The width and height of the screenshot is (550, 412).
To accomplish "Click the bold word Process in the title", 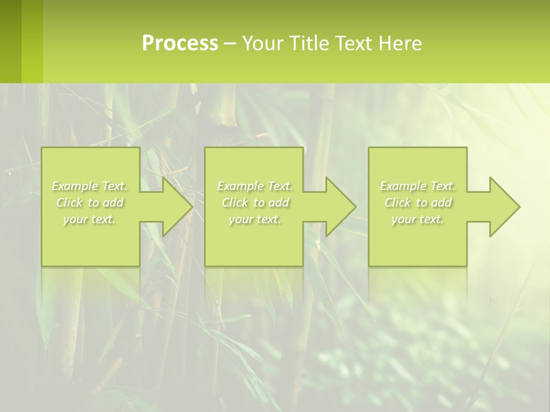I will click(x=180, y=43).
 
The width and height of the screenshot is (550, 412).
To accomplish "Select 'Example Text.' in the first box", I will click(x=90, y=186).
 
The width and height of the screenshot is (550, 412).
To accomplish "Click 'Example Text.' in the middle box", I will click(x=255, y=186).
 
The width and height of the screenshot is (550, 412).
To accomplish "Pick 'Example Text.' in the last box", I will click(x=418, y=186).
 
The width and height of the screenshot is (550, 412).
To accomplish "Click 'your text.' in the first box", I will click(x=89, y=219).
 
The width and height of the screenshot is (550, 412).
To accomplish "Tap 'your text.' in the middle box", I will click(x=255, y=219).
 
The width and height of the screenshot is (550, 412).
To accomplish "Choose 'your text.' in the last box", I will click(x=418, y=219).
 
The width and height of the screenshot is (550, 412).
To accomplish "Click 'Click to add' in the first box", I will click(x=90, y=203).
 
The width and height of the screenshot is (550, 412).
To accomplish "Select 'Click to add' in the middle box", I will click(x=255, y=203).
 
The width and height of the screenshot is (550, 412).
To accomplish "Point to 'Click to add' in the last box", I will click(x=418, y=203).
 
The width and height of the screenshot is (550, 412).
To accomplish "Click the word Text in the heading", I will click(x=355, y=43).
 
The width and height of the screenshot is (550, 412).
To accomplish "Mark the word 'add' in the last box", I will click(x=441, y=203).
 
